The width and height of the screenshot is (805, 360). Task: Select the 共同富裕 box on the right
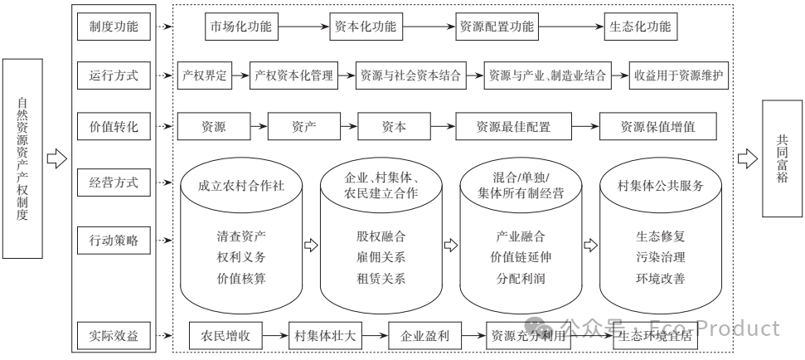click(782, 158)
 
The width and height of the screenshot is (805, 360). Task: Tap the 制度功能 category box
click(114, 27)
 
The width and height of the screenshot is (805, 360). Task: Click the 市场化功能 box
click(239, 27)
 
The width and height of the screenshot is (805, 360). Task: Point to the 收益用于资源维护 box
click(678, 76)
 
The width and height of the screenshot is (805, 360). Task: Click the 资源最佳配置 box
click(512, 127)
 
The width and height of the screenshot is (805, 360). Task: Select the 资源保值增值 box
click(657, 127)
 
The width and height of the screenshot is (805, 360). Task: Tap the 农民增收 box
click(225, 337)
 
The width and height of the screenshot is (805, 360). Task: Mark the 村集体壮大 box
click(324, 337)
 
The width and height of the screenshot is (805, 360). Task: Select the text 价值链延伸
click(520, 257)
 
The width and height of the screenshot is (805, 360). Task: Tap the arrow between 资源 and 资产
click(258, 127)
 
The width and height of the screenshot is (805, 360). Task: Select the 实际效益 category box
click(114, 337)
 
